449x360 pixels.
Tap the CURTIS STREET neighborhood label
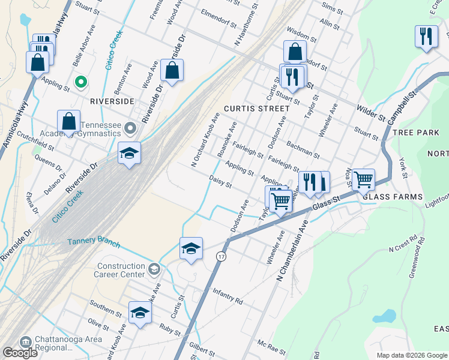pos(256,109)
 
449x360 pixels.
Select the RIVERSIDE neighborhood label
pos(112,101)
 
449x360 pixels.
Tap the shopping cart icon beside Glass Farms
pos(363,179)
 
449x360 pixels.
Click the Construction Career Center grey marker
pos(155,268)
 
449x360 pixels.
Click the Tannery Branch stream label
pos(93,243)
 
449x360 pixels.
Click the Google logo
pos(20,353)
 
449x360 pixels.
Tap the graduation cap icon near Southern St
pos(140,312)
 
